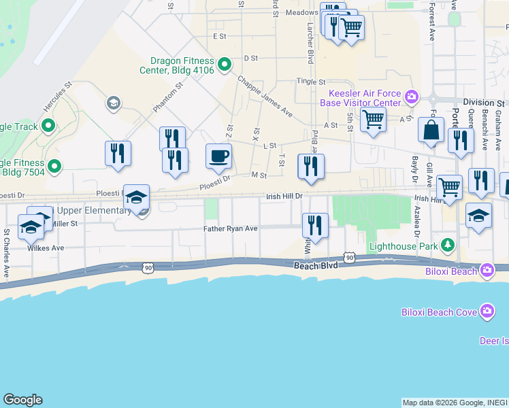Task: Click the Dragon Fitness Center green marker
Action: [225, 65]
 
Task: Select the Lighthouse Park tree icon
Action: [447, 245]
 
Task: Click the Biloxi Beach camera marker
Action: [487, 271]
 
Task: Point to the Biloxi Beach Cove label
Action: [439, 312]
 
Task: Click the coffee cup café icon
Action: [218, 156]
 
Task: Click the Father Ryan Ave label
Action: [230, 228]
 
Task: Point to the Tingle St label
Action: [311, 82]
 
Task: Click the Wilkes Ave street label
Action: [46, 248]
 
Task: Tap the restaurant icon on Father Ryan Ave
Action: [315, 225]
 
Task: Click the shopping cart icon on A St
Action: [373, 120]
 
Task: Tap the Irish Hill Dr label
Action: [284, 196]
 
